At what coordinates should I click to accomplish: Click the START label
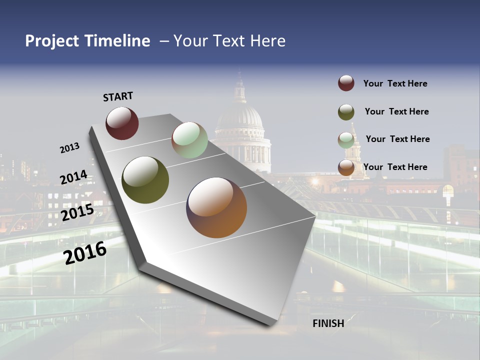point(118,96)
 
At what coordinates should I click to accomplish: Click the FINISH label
point(328,323)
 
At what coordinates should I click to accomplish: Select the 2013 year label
point(70,147)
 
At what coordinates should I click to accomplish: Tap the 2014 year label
point(73,177)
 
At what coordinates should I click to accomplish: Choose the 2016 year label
point(85,252)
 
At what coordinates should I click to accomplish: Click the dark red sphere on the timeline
point(122,123)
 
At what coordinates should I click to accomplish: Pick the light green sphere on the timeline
point(189,140)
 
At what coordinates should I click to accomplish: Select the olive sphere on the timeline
point(145,180)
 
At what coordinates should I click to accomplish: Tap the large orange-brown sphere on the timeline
point(216,207)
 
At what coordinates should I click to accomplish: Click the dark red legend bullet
point(346,83)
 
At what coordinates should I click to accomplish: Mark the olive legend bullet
point(346,111)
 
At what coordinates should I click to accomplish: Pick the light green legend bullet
point(346,139)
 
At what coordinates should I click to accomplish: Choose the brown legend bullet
point(346,167)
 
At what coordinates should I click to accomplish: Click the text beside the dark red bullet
point(395,83)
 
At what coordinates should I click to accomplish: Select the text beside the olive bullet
point(396,111)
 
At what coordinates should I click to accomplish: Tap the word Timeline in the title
point(117,41)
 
